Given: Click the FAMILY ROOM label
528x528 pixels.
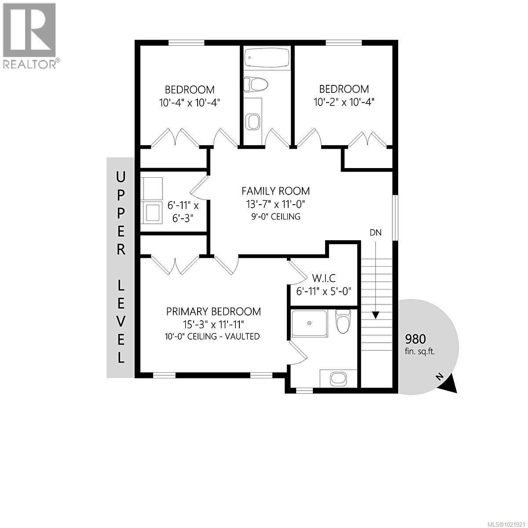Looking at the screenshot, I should pyautogui.click(x=275, y=191).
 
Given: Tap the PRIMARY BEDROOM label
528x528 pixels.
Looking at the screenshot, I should pyautogui.click(x=213, y=312).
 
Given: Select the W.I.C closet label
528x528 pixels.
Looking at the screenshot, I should pyautogui.click(x=324, y=278).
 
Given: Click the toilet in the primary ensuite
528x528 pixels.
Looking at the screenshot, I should pyautogui.click(x=342, y=321).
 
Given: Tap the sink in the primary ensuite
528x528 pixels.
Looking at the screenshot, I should pyautogui.click(x=338, y=378).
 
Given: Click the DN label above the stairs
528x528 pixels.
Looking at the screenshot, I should pyautogui.click(x=375, y=232).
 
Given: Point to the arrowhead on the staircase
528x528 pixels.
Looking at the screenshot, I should pyautogui.click(x=375, y=315).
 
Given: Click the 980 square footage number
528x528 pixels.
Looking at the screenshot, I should pyautogui.click(x=415, y=339).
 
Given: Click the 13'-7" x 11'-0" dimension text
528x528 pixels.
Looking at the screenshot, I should pyautogui.click(x=275, y=204).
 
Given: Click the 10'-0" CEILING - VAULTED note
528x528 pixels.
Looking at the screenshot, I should pyautogui.click(x=213, y=336).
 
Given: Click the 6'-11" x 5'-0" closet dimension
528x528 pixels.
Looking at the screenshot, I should pyautogui.click(x=324, y=291).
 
